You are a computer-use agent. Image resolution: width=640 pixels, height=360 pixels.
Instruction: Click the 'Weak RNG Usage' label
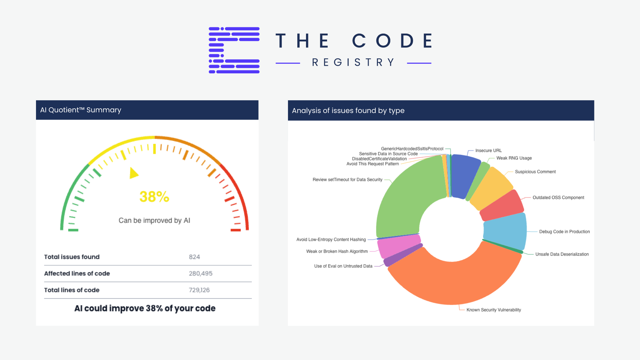coord(514,158)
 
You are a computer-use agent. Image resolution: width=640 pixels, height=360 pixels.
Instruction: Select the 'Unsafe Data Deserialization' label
coord(562,254)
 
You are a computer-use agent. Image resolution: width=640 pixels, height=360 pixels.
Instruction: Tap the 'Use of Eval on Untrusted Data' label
coord(343,266)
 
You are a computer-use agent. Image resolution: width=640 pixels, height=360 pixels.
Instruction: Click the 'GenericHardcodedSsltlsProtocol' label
coord(412,149)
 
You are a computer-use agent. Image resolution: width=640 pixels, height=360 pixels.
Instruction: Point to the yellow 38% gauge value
coord(154,197)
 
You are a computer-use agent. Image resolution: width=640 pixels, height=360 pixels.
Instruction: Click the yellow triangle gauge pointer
coord(133,173)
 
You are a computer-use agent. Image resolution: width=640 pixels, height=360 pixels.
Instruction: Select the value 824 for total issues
coord(194,257)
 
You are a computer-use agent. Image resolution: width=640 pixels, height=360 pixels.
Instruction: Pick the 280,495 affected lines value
coord(200,274)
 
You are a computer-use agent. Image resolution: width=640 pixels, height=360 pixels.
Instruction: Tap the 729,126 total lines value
coord(199,290)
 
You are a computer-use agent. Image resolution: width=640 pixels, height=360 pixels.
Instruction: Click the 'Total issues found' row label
coord(72,257)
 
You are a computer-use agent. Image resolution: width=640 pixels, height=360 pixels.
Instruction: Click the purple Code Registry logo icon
coord(234,50)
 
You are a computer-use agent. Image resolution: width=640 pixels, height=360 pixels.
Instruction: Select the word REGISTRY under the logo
coord(353,62)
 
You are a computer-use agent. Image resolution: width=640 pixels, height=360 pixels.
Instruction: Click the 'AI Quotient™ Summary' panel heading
coord(81,110)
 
